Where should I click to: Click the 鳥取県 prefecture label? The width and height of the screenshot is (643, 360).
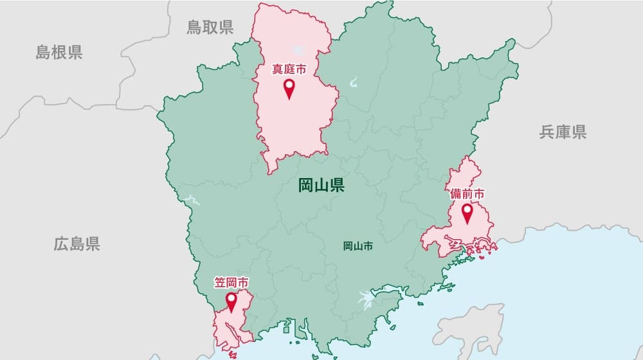pyautogui.click(x=210, y=27)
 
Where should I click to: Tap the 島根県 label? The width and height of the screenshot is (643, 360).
pyautogui.click(x=59, y=53)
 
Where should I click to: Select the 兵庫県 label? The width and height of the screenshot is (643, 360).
pyautogui.click(x=563, y=132)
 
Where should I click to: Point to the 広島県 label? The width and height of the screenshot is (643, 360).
pyautogui.click(x=77, y=244)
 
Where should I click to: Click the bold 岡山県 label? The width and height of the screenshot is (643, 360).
pyautogui.click(x=321, y=186)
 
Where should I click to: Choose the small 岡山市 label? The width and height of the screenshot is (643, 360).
pyautogui.click(x=358, y=246)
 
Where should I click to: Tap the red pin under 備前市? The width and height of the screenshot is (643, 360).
pyautogui.click(x=467, y=212)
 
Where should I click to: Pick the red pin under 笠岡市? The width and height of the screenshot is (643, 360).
pyautogui.click(x=231, y=301)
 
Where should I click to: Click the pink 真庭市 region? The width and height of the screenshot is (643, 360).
pyautogui.click(x=293, y=122)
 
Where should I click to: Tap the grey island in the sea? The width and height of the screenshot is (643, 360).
pyautogui.click(x=469, y=328)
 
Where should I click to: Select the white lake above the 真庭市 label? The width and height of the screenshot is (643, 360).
pyautogui.click(x=298, y=48)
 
